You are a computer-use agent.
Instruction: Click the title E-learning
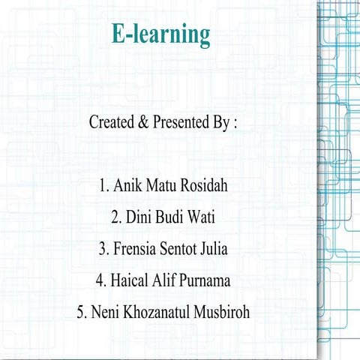[160, 34]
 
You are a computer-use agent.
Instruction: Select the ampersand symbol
[144, 122]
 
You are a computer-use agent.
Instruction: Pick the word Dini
[140, 217]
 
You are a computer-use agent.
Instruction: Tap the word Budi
[173, 217]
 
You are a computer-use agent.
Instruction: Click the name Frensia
[136, 248]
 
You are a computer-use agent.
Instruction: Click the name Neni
[106, 312]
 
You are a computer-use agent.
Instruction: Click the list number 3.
[102, 248]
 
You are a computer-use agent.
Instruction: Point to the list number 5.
[81, 312]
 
